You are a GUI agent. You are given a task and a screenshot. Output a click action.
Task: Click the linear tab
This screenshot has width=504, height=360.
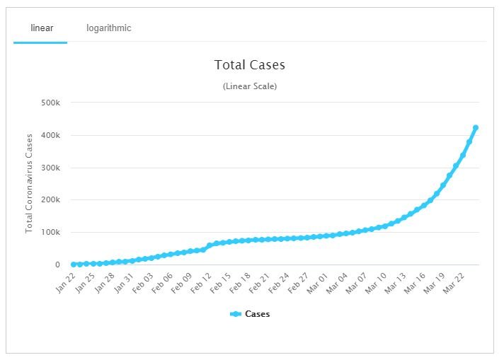click(x=42, y=28)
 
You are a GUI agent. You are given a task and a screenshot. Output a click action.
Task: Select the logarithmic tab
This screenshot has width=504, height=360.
click(x=109, y=28)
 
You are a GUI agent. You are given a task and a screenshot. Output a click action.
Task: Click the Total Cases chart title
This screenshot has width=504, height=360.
click(x=250, y=65)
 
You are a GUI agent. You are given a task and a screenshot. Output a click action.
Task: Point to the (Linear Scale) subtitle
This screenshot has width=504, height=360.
click(x=250, y=86)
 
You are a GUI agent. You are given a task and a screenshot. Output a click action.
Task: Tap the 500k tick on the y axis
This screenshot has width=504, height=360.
click(x=51, y=103)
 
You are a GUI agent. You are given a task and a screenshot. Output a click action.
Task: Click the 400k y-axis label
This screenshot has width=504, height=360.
click(x=51, y=136)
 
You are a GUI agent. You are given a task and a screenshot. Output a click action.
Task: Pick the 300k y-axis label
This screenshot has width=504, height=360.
click(x=51, y=168)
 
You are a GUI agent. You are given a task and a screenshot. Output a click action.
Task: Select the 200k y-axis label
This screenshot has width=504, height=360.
click(x=51, y=200)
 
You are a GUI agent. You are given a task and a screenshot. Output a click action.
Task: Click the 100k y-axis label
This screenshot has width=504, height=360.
click(x=51, y=233)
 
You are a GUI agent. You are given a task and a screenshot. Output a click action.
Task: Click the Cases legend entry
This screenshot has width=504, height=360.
click(x=251, y=314)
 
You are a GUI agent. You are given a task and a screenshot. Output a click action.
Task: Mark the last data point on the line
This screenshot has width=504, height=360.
click(x=476, y=128)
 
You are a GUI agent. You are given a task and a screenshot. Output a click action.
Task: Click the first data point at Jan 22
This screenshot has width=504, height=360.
click(x=73, y=265)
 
